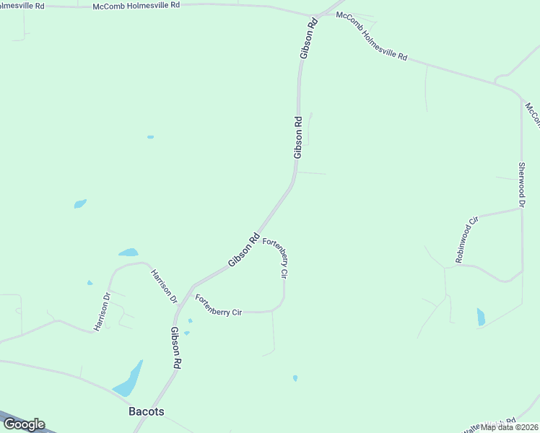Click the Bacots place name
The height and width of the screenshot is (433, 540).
pyautogui.click(x=146, y=412)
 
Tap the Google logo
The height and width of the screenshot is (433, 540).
pyautogui.click(x=24, y=424)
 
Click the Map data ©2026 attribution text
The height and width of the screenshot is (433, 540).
pyautogui.click(x=510, y=427)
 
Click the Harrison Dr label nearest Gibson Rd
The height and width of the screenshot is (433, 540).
pyautogui.click(x=163, y=285)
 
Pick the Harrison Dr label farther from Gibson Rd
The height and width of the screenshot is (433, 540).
pyautogui.click(x=102, y=312)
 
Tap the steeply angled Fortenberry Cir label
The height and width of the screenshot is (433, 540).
pyautogui.click(x=275, y=258)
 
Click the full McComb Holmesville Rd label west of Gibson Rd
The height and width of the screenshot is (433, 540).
pyautogui.click(x=136, y=6)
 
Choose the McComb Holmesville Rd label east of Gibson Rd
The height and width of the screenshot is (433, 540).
pyautogui.click(x=373, y=45)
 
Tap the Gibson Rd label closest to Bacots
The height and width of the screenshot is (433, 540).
pyautogui.click(x=175, y=349)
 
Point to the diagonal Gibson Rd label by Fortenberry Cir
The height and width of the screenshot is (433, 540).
pyautogui.click(x=244, y=250)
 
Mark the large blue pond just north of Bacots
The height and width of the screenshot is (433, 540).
pyautogui.click(x=128, y=380)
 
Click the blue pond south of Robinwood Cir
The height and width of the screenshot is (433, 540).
pyautogui.click(x=481, y=317)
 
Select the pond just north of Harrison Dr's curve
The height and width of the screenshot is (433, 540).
pyautogui.click(x=129, y=253)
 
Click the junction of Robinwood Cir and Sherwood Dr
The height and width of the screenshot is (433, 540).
pyautogui.click(x=521, y=209)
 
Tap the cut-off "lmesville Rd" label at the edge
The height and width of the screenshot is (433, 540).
pyautogui.click(x=22, y=5)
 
